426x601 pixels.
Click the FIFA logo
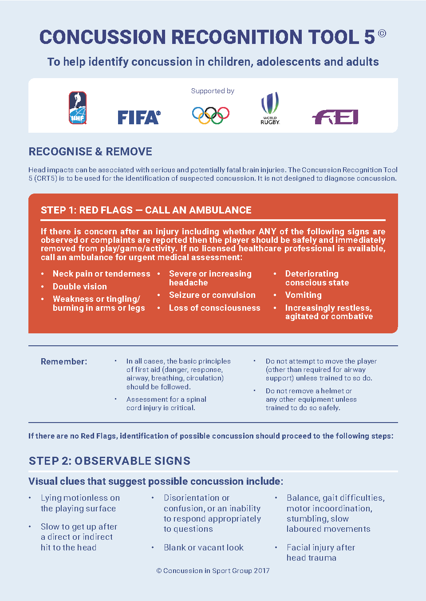point(139,117)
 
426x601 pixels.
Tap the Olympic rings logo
point(211,115)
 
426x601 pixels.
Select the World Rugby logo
point(270,108)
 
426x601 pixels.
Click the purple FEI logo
point(335,117)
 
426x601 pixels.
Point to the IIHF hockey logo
point(78,108)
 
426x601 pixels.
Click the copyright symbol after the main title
point(382,33)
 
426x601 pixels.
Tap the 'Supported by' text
point(213,91)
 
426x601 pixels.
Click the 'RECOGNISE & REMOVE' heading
point(90,152)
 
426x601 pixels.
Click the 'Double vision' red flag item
point(80,287)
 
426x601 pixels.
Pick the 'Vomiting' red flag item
point(304,295)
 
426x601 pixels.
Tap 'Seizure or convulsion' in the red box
point(212,295)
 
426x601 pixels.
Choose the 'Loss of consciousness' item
point(215,308)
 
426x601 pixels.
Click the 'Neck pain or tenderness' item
point(102,274)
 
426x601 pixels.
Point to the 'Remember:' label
point(64,362)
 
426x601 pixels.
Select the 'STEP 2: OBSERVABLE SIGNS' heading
point(110,461)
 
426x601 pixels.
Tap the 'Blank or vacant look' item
point(204,548)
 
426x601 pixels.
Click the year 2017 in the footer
point(261,571)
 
